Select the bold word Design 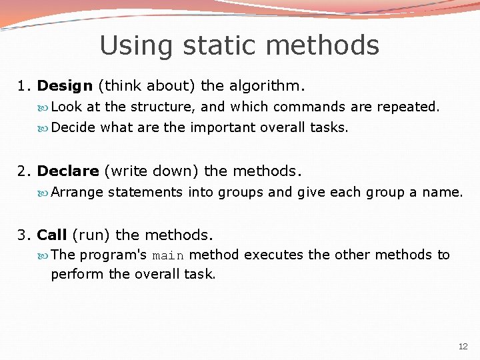click(65, 86)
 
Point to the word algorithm click(266, 86)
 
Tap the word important click(222, 127)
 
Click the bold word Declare click(68, 171)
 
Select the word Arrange click(77, 193)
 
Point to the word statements click(145, 193)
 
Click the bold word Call click(52, 235)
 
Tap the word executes click(275, 255)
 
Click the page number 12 click(463, 347)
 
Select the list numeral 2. click(23, 171)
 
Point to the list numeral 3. click(23, 235)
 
